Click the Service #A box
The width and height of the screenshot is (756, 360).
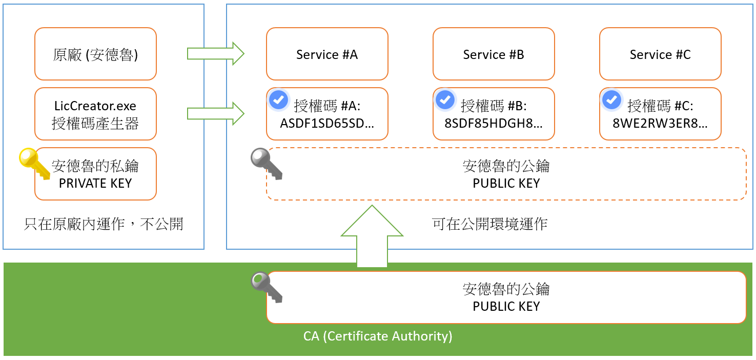pos(327,54)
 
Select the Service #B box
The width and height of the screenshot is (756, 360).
pos(494,54)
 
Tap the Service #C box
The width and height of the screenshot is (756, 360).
pos(660,54)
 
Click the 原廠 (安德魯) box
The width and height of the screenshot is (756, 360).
pos(95,54)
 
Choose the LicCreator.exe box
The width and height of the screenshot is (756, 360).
pos(95,114)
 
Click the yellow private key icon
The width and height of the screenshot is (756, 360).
pos(34,163)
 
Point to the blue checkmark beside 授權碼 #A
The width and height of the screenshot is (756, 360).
pos(278,100)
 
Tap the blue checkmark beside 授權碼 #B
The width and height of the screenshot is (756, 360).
pos(445,100)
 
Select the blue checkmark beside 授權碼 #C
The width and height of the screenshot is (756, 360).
pos(611,100)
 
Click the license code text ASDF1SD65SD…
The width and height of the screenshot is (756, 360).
pos(327,123)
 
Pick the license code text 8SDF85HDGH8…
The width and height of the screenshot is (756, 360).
pos(494,123)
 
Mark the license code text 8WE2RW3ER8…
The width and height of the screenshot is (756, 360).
pos(660,123)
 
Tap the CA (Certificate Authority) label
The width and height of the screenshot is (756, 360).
pos(378,336)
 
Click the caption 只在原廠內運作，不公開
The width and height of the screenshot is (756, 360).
pos(104,224)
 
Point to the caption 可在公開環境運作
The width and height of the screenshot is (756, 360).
pos(489,224)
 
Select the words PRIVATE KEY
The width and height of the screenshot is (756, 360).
pos(95,184)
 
